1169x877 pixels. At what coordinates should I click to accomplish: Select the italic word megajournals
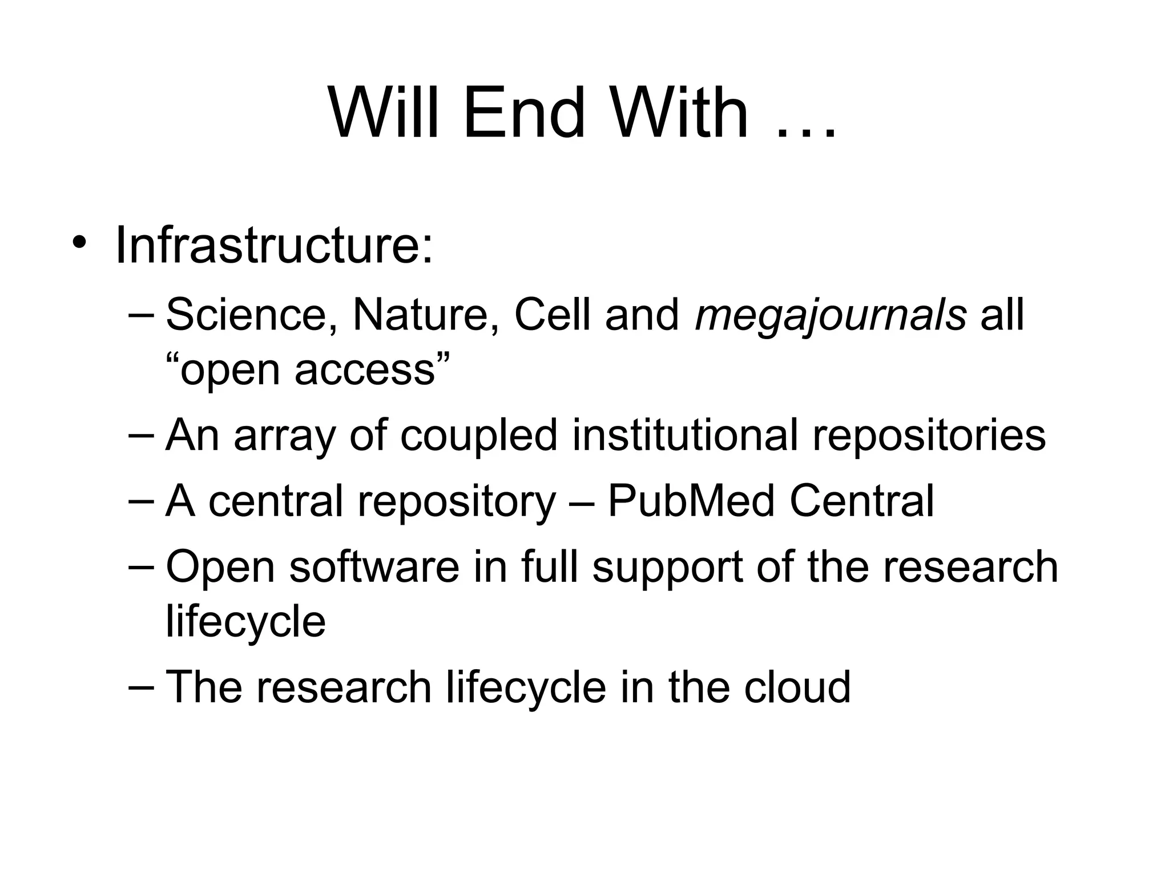(x=831, y=316)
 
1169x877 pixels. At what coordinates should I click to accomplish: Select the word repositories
(x=929, y=437)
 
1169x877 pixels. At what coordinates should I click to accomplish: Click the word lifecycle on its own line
(x=245, y=622)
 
